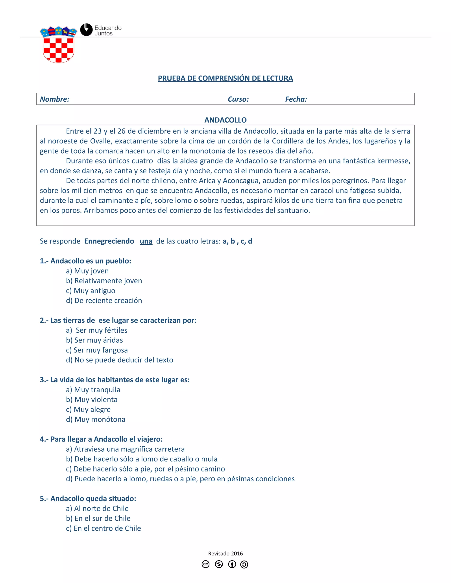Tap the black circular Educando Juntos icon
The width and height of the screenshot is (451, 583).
tap(86, 30)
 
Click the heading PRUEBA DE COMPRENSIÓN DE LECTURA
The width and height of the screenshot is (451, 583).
tap(225, 78)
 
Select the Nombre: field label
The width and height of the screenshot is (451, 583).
tap(55, 99)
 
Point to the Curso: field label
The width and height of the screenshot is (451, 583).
tap(238, 99)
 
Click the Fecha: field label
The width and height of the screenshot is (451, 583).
tap(296, 99)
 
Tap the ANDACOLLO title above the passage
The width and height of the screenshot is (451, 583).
tap(225, 120)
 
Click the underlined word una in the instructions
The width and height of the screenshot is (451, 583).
tap(146, 241)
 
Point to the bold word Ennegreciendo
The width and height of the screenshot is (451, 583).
tap(109, 241)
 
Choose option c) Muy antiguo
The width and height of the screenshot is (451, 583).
tap(91, 290)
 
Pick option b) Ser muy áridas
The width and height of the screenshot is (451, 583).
tap(94, 340)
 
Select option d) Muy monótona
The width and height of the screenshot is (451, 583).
tap(95, 419)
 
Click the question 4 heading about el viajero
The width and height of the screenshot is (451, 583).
tap(101, 439)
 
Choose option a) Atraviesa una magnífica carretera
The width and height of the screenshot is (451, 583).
tap(125, 449)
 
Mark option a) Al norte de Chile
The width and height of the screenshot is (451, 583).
tap(97, 508)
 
